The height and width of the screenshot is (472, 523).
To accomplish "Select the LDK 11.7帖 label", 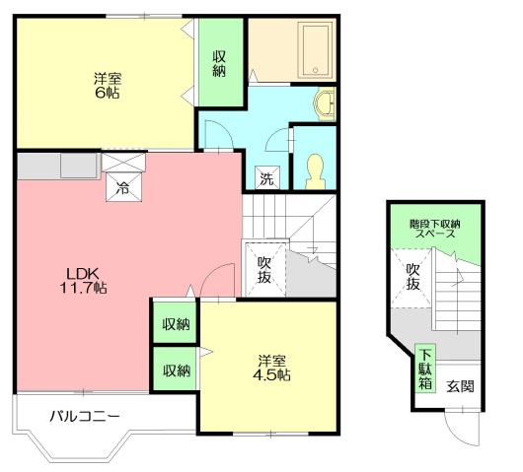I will click(x=86, y=280).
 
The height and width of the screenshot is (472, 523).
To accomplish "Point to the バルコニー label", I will click(x=85, y=417).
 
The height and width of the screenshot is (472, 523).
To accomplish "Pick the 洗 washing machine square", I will click(x=266, y=178).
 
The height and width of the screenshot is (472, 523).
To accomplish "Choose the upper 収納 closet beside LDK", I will click(x=176, y=322).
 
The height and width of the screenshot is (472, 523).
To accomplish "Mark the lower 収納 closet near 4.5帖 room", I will click(x=176, y=370).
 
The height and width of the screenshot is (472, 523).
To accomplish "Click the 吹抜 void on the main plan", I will click(x=264, y=269).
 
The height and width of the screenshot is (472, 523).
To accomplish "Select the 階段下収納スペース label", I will click(x=433, y=230).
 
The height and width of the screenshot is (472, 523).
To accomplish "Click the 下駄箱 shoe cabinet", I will click(x=424, y=368).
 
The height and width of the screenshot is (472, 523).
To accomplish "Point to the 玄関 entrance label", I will click(x=460, y=385).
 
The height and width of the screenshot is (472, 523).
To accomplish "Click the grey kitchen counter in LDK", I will click(x=55, y=167).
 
